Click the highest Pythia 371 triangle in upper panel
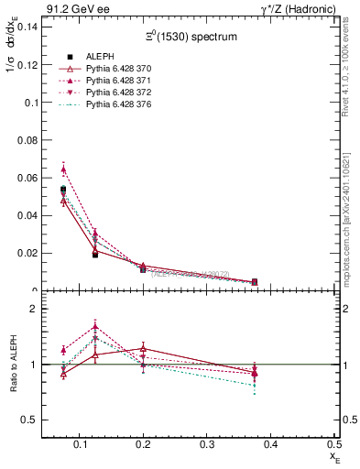click(63, 169)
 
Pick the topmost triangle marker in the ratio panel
click(96, 326)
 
